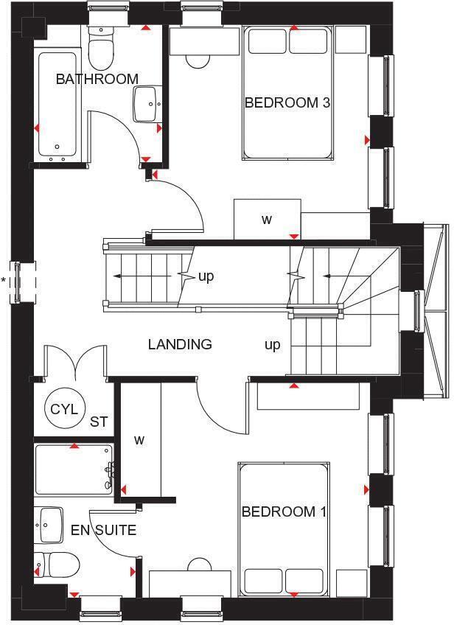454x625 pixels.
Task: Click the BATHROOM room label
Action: (x=97, y=79)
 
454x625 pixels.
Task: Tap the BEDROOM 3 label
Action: (x=287, y=102)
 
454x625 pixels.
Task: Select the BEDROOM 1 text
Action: (x=284, y=511)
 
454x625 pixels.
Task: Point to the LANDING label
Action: (x=180, y=344)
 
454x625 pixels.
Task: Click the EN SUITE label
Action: (x=104, y=530)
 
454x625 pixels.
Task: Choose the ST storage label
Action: (x=99, y=422)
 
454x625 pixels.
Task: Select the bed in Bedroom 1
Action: (x=283, y=529)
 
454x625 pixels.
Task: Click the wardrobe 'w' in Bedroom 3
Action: (x=267, y=219)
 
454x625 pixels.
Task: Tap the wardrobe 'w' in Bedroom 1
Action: (x=139, y=440)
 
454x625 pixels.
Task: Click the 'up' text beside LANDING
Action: (x=273, y=345)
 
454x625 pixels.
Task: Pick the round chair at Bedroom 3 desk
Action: (x=198, y=60)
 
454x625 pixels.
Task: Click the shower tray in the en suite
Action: (x=73, y=468)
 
